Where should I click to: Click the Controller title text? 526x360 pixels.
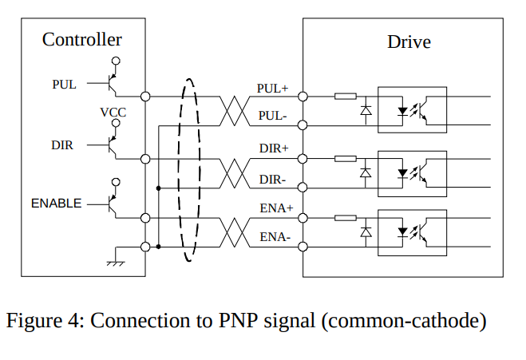coord(82,39)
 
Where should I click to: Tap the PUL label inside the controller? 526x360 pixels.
coord(65,84)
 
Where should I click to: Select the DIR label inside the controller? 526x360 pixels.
coord(62,145)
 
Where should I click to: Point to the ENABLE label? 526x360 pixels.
coord(56,204)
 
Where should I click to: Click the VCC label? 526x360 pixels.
coord(113,113)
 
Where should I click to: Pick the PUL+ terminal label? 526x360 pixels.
coord(272,88)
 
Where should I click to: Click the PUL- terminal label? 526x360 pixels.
coord(273,116)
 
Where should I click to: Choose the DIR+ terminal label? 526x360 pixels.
coord(274,148)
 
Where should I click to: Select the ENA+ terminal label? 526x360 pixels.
coord(274,208)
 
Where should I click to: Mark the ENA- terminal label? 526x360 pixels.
coord(275,237)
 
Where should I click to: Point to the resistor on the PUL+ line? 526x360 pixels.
coord(346,97)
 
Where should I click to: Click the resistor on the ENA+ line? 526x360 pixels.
coord(346,218)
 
